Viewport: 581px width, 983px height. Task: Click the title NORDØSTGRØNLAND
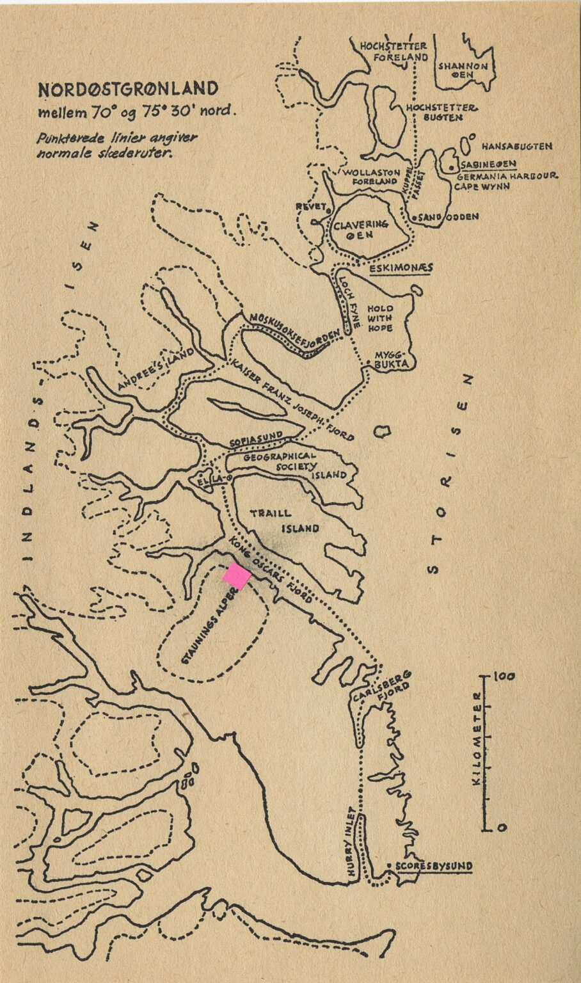tap(128, 90)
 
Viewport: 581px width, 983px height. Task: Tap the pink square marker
tap(237, 576)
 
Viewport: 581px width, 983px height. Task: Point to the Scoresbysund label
tap(434, 867)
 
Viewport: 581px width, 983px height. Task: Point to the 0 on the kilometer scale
tap(502, 827)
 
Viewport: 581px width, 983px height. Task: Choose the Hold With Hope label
tap(379, 318)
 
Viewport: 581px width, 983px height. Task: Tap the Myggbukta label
tap(390, 358)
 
